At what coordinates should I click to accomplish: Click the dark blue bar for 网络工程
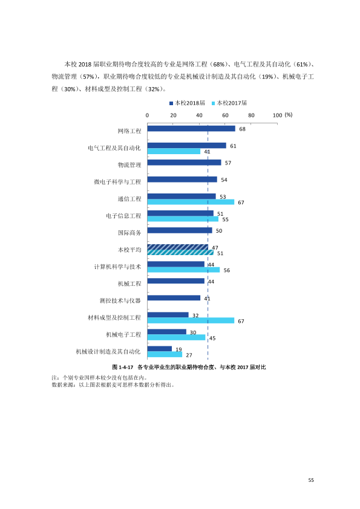(191, 129)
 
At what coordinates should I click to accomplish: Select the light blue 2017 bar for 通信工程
(191, 202)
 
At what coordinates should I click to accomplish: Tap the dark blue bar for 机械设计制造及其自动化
(160, 349)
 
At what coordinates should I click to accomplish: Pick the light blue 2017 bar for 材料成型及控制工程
(191, 321)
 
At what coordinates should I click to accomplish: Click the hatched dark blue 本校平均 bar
(178, 247)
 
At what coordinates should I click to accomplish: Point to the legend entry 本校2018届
(187, 103)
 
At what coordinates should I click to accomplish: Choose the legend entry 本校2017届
(229, 103)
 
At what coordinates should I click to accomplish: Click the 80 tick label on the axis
(251, 115)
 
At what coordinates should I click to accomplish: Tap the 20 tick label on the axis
(173, 115)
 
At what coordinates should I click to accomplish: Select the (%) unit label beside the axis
(289, 115)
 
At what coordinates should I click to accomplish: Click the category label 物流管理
(129, 165)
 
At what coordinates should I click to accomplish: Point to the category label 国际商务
(129, 233)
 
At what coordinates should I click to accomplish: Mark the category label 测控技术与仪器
(120, 300)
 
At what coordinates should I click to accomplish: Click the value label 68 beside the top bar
(243, 129)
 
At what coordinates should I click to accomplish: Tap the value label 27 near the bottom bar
(189, 355)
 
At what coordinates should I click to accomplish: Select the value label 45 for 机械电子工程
(212, 339)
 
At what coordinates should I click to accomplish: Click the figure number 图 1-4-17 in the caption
(123, 367)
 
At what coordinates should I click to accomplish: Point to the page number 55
(311, 480)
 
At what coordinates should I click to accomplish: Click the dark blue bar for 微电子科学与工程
(182, 180)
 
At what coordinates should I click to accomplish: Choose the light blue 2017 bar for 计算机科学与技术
(183, 270)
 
